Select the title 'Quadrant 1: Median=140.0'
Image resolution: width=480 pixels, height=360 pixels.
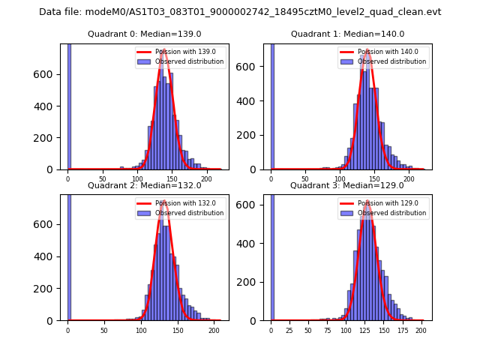click(347, 34)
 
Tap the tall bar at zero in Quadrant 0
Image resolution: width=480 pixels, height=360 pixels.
click(69, 105)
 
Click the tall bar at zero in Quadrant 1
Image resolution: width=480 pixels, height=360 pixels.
click(272, 105)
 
